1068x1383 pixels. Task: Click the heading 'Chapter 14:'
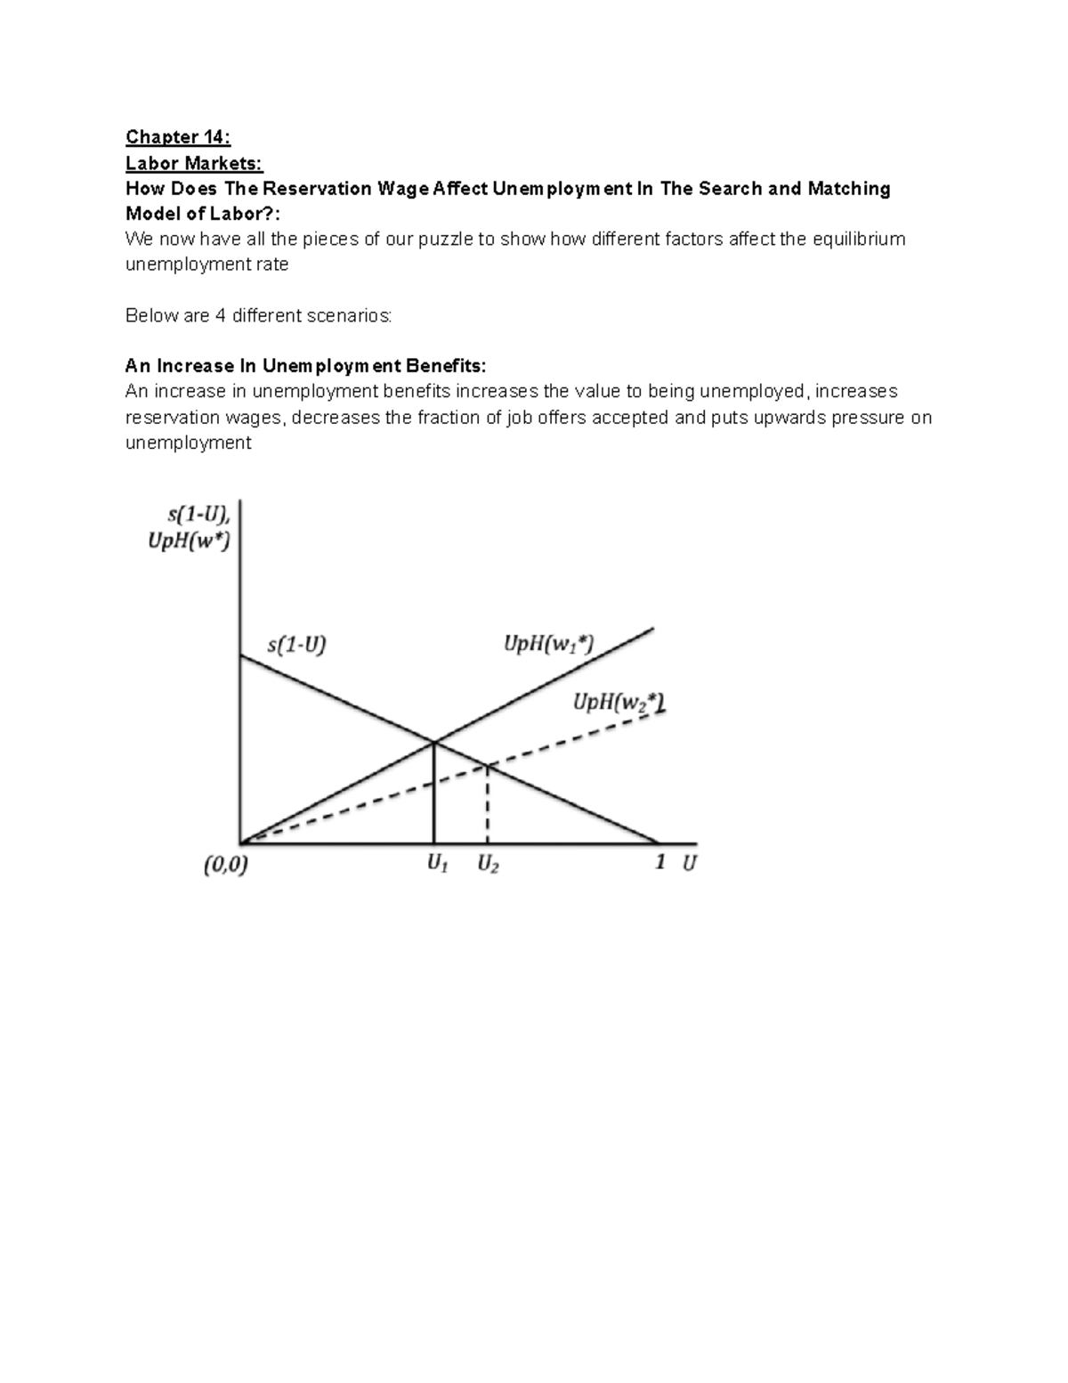pyautogui.click(x=177, y=137)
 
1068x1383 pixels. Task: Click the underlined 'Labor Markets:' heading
pyautogui.click(x=194, y=163)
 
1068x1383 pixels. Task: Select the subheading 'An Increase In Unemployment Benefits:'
pyautogui.click(x=305, y=366)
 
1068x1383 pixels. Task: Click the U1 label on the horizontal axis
pyautogui.click(x=436, y=863)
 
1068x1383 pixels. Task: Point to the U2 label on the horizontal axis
pyautogui.click(x=488, y=863)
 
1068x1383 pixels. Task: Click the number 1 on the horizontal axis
pyautogui.click(x=660, y=861)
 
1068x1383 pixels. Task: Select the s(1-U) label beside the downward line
pyautogui.click(x=297, y=644)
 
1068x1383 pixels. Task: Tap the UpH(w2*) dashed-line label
pyautogui.click(x=619, y=703)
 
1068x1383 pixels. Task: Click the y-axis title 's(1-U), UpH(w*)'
pyautogui.click(x=190, y=527)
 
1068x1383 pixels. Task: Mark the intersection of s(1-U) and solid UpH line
pyautogui.click(x=433, y=742)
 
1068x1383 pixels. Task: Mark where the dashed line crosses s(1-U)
pyautogui.click(x=488, y=765)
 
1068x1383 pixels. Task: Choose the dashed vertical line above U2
pyautogui.click(x=488, y=805)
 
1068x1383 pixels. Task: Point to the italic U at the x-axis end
pyautogui.click(x=690, y=862)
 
